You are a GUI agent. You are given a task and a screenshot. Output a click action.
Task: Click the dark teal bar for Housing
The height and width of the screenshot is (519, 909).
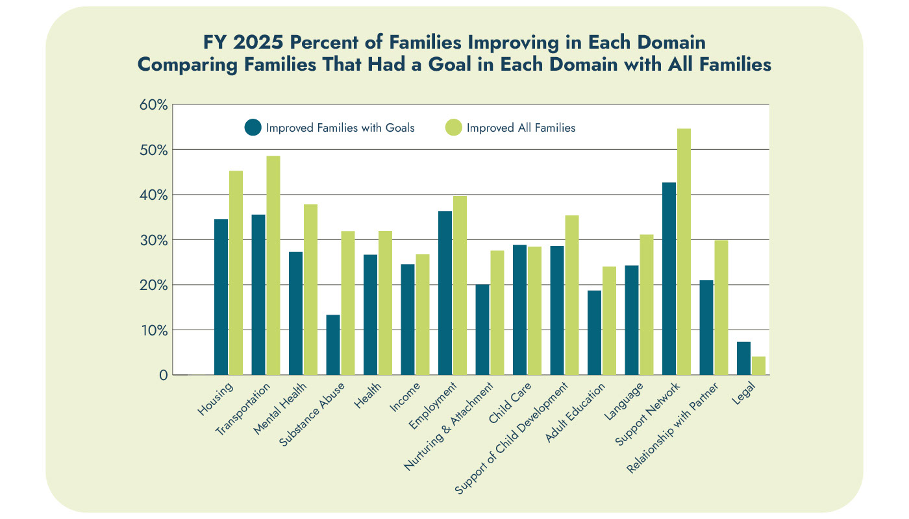point(221,297)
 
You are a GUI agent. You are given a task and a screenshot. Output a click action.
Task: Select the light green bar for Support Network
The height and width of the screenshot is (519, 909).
point(684,252)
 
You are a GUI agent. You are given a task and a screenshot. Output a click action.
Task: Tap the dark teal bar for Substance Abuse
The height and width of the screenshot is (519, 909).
point(333,344)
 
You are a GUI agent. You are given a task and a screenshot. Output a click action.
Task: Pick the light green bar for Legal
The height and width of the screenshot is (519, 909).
point(758,365)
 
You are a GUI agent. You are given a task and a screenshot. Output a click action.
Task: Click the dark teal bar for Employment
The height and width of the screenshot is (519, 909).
point(445,293)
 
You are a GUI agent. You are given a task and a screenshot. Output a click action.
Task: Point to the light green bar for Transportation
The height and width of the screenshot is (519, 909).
point(273,265)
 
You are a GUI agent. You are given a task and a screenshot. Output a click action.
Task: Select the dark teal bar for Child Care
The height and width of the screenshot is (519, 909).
point(519,309)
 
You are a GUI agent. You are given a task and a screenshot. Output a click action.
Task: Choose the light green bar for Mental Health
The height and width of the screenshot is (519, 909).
point(310,289)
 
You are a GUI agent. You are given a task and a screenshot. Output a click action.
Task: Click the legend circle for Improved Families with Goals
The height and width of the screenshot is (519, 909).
point(253,128)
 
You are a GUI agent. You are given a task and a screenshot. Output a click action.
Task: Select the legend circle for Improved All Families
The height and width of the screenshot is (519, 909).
point(453,128)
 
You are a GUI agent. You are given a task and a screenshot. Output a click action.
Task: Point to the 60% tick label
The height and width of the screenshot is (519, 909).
point(154,105)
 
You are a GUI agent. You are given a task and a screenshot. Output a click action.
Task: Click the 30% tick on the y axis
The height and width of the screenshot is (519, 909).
point(154,240)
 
